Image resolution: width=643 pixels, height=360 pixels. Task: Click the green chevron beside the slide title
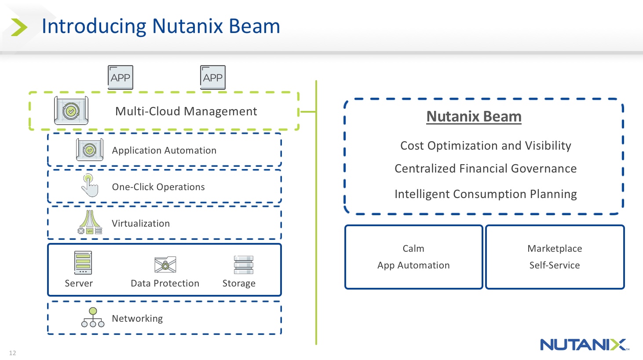pos(18,27)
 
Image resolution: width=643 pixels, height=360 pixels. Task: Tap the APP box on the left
pos(121,77)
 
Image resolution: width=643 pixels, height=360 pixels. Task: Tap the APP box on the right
pos(213,77)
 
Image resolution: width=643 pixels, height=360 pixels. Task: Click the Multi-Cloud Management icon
pos(71,111)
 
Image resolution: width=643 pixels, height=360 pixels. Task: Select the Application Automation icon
pos(90,150)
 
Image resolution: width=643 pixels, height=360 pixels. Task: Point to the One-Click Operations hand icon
pos(90,186)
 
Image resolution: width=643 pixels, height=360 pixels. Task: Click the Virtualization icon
pos(90,222)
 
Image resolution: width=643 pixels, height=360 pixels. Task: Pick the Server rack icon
pos(83,263)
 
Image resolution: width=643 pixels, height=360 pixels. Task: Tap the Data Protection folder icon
pos(165,264)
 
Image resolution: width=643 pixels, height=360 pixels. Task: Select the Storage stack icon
pos(243,264)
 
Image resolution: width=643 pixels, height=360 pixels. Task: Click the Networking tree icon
pos(93,317)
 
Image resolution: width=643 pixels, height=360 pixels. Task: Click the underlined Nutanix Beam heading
pos(474,116)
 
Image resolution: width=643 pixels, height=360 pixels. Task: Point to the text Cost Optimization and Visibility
pos(486,146)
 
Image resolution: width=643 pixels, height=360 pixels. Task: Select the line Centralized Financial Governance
pos(486,169)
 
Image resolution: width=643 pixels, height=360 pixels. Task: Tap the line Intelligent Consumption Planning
pos(486,194)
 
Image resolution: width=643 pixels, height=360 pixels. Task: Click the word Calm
pos(413,249)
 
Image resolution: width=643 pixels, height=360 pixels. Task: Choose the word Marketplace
pos(555,249)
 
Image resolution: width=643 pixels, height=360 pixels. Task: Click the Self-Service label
pos(555,265)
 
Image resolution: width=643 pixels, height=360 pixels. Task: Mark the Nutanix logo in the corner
pos(584,345)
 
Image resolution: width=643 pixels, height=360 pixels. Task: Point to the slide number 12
pos(12,353)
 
